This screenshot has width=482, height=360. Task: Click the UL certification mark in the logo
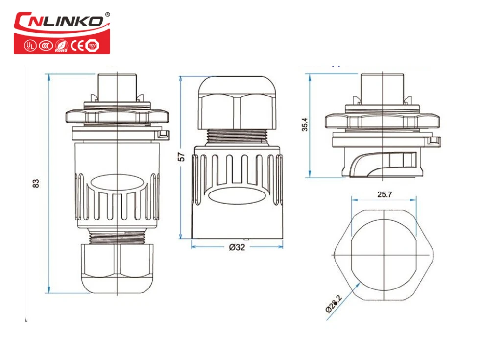tap(30, 46)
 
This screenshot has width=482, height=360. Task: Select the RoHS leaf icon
tap(61, 46)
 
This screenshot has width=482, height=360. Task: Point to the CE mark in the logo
tap(77, 46)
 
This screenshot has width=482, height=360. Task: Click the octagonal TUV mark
tap(91, 46)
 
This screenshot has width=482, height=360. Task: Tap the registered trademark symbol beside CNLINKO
tap(107, 14)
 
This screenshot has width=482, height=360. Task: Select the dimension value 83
tap(35, 183)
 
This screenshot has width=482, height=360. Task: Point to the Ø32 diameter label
tap(237, 247)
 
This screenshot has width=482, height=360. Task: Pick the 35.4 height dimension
tap(305, 125)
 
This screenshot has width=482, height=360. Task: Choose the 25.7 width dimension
tap(385, 194)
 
